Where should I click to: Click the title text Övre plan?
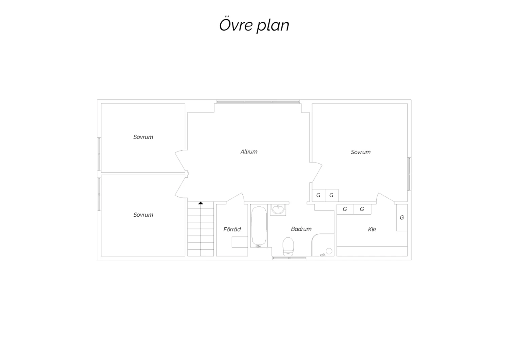[x=254, y=25]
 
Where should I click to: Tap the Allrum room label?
[x=249, y=152]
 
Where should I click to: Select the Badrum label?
[x=301, y=229]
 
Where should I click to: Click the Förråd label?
[x=232, y=229]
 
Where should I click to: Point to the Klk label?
[x=372, y=230]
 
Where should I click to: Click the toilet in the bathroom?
[x=288, y=247]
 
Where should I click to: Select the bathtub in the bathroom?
[x=259, y=226]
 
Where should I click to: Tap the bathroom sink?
[x=278, y=210]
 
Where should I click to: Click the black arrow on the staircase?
[x=201, y=203]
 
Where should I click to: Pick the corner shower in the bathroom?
[x=323, y=245]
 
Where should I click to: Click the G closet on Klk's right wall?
[x=402, y=218]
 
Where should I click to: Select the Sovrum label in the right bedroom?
[x=361, y=152]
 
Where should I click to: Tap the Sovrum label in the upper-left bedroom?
[x=143, y=137]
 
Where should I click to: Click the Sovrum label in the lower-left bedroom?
[x=143, y=215]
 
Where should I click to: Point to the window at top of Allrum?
[x=258, y=102]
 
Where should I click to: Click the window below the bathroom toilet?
[x=289, y=258]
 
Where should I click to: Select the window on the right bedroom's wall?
[x=409, y=174]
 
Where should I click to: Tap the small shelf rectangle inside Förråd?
[x=240, y=242]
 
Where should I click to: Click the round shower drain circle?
[x=329, y=251]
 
